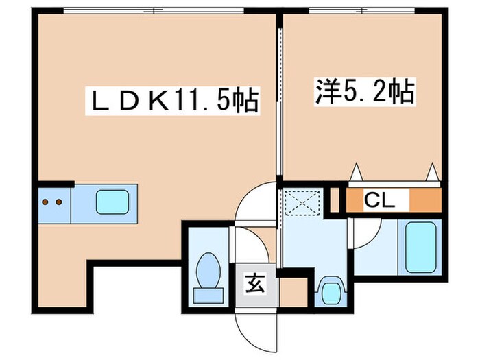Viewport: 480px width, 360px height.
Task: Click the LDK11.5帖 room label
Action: (x=175, y=101)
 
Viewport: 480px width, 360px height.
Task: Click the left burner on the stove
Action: (x=46, y=202)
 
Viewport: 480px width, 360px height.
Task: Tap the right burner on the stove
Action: (x=59, y=202)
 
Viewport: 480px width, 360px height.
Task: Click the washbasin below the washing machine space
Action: (x=330, y=290)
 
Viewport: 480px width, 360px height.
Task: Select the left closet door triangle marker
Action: (x=356, y=171)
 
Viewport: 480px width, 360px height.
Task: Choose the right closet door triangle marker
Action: (x=433, y=171)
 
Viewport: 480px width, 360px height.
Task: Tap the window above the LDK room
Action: (x=154, y=10)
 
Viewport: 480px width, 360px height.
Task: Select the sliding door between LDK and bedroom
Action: (x=279, y=103)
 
